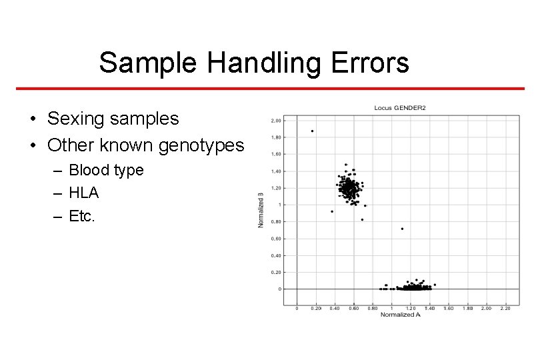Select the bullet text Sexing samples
[113, 119]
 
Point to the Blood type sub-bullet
[106, 170]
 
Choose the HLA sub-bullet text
[84, 193]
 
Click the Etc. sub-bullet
[82, 215]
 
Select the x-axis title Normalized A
[400, 315]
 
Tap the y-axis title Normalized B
[261, 210]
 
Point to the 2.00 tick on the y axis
[275, 121]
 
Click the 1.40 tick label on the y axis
[275, 171]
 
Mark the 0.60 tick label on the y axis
[275, 239]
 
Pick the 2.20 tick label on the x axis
[505, 309]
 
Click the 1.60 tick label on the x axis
[448, 309]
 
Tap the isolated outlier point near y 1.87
[312, 131]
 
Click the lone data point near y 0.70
[402, 229]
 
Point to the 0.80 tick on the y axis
[275, 221]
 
